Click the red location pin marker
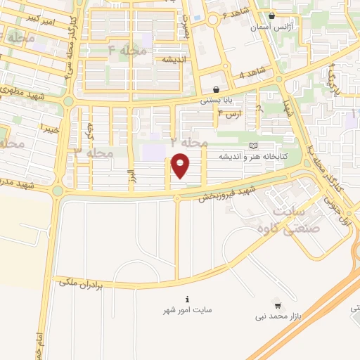[x=181, y=166]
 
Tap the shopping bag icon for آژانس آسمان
[x=271, y=15]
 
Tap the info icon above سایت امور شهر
[x=187, y=298]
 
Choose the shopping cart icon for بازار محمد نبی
[x=278, y=305]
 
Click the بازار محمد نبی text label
[x=279, y=317]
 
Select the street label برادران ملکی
[x=77, y=282]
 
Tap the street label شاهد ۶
[x=236, y=15]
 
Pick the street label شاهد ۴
[x=252, y=73]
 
